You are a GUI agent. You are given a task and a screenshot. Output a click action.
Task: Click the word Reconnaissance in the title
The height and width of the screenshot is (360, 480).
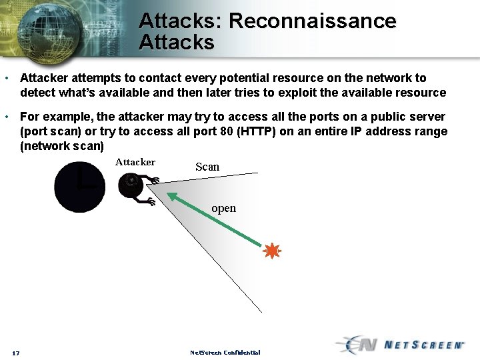pos(312,21)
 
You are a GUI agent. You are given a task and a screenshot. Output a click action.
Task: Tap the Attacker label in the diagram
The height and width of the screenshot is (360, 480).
pos(135,162)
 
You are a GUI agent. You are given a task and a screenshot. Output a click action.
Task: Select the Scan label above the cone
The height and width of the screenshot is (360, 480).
pos(207,167)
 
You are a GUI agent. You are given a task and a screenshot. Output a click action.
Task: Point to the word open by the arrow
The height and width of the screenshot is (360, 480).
pos(223,209)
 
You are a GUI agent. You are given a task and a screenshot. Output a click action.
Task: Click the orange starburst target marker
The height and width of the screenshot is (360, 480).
pos(271,251)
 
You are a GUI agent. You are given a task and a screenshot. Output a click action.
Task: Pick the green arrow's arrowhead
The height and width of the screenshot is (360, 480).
pos(171,197)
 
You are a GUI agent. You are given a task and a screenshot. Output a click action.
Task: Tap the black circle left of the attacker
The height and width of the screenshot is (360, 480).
pos(79,187)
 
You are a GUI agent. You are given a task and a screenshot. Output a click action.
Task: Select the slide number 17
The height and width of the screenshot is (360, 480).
pos(15,353)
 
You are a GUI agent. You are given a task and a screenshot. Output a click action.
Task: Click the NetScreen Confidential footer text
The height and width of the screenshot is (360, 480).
pos(225,352)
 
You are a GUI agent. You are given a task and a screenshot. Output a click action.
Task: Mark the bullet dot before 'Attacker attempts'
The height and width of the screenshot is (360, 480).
pos(7,79)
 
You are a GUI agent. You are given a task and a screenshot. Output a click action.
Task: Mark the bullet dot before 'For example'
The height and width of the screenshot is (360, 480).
pos(7,117)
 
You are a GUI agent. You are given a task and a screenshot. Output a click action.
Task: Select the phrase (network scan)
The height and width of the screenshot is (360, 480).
pos(62,145)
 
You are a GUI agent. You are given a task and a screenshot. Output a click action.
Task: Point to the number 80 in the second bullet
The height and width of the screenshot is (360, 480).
pos(225,131)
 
